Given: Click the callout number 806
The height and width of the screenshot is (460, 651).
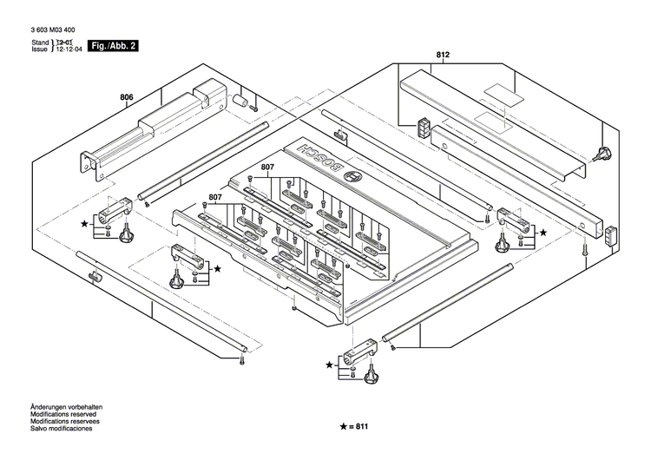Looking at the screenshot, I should click(x=127, y=98).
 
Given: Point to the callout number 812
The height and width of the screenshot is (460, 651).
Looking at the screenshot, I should click(x=443, y=56).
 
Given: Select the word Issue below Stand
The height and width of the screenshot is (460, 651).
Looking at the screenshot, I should click(x=40, y=50).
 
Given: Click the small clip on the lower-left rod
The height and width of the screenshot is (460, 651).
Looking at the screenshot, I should click(x=95, y=276).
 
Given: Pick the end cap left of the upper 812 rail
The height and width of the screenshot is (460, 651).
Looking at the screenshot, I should click(x=424, y=128).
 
